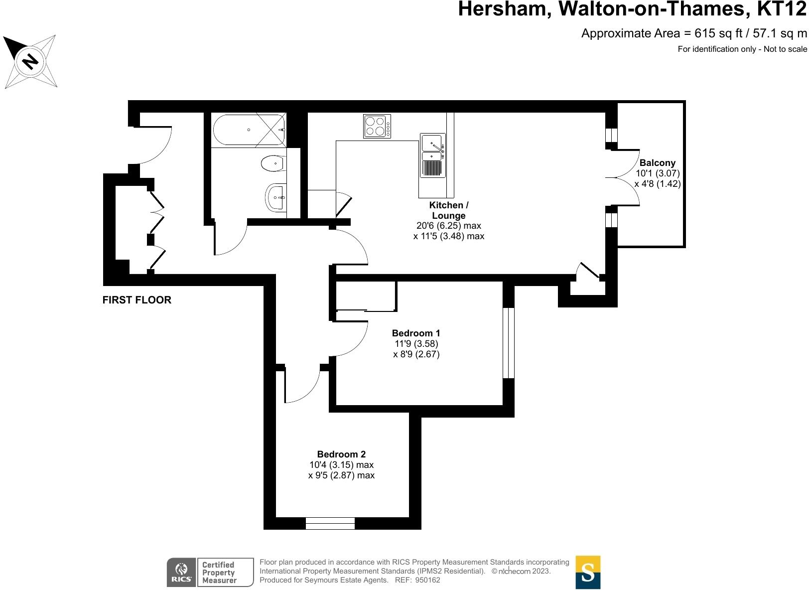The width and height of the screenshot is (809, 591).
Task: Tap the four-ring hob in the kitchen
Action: [x=377, y=126]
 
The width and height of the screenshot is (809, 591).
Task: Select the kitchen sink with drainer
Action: [x=432, y=155]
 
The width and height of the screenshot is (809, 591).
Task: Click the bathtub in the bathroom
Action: [x=249, y=130]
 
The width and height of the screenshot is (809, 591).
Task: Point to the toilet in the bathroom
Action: [x=272, y=163]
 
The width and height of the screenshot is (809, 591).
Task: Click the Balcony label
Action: [x=657, y=162]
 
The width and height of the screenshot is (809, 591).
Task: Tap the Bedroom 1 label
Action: [x=415, y=333]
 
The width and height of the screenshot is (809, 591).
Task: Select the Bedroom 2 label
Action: [x=341, y=454]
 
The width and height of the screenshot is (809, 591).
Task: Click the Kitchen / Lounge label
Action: [x=448, y=210]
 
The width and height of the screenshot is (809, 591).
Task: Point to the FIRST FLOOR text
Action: [x=136, y=300]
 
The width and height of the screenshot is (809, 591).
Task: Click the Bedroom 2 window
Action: [x=330, y=523]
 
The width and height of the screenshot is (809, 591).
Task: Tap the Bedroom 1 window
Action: [x=508, y=343]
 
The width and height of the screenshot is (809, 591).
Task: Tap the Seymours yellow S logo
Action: [x=588, y=572]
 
